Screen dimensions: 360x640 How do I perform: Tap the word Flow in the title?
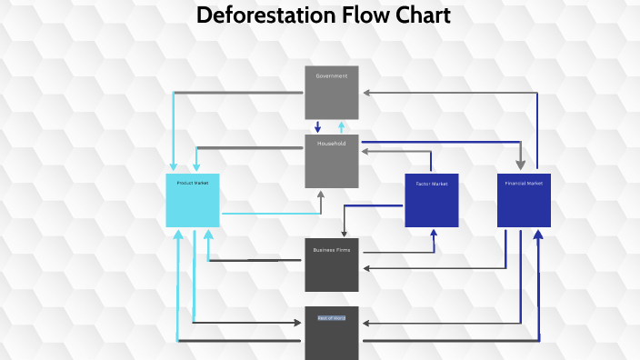pyautogui.click(x=356, y=15)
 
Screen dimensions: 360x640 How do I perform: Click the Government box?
pyautogui.click(x=332, y=93)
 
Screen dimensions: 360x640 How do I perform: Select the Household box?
pyautogui.click(x=332, y=162)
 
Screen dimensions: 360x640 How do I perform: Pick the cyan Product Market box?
pyautogui.click(x=193, y=200)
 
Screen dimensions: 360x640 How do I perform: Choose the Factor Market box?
pyautogui.click(x=432, y=200)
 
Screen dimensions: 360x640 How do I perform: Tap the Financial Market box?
pyautogui.click(x=524, y=200)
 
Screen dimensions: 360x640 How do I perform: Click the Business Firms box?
pyautogui.click(x=332, y=265)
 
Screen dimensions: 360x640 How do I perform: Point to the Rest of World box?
pyautogui.click(x=332, y=334)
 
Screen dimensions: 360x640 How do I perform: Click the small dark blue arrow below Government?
pyautogui.click(x=317, y=127)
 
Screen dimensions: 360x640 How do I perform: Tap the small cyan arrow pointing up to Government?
pyautogui.click(x=342, y=126)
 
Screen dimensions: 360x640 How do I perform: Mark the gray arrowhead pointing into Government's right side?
pyautogui.click(x=365, y=93)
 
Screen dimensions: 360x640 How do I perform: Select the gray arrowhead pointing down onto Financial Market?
pyautogui.click(x=521, y=164)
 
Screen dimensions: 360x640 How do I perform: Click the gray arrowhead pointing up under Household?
pyautogui.click(x=321, y=195)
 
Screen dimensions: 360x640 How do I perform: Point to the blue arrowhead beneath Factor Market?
pyautogui.click(x=434, y=233)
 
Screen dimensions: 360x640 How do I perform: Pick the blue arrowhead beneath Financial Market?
pyautogui.click(x=538, y=234)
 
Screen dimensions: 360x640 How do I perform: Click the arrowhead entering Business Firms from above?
pyautogui.click(x=344, y=234)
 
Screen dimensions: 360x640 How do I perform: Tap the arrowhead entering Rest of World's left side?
pyautogui.click(x=299, y=322)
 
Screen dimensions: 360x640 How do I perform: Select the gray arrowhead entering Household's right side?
pyautogui.click(x=365, y=152)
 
